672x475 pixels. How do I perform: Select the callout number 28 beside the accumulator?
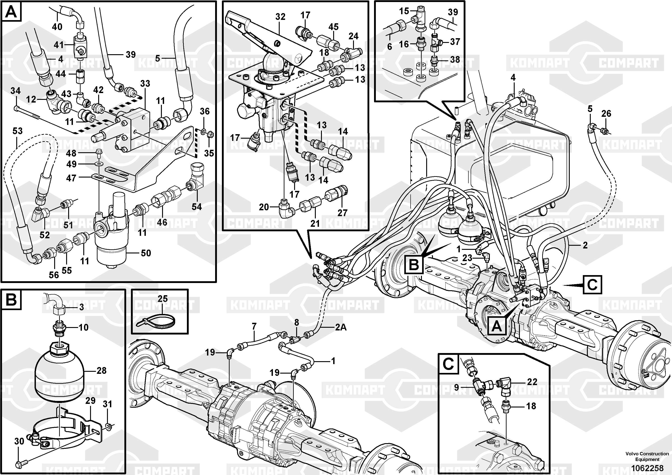pyautogui.click(x=101, y=370)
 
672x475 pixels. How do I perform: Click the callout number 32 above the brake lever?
pyautogui.click(x=280, y=17)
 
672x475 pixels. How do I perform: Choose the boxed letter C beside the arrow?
pyautogui.click(x=592, y=284)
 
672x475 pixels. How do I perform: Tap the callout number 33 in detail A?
pyautogui.click(x=145, y=84)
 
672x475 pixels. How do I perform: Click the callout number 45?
pyautogui.click(x=333, y=27)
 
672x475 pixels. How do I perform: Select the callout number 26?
pyautogui.click(x=606, y=113)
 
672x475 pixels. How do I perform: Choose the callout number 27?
pyautogui.click(x=342, y=213)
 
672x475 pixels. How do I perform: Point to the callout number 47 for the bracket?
pyautogui.click(x=71, y=178)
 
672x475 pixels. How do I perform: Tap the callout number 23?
pyautogui.click(x=467, y=258)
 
